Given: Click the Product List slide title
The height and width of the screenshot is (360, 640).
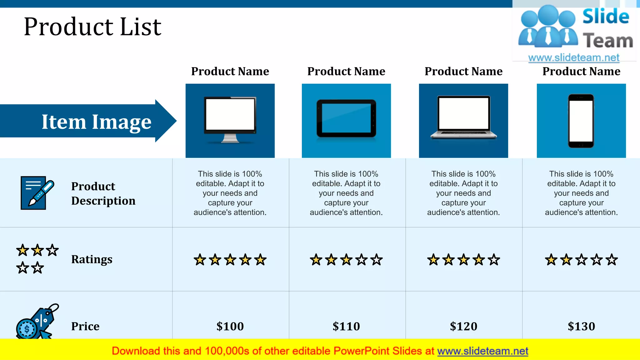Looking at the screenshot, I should [x=92, y=27].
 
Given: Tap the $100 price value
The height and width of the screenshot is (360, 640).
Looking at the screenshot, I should [x=230, y=326].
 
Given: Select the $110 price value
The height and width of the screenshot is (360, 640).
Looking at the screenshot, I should [x=346, y=326].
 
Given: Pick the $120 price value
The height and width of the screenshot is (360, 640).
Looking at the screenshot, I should [x=463, y=326].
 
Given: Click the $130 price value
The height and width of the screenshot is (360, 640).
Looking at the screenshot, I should [x=581, y=326].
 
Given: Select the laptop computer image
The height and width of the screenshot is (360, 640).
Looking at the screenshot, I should [x=463, y=117].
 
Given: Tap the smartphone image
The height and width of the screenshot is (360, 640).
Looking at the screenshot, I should [x=581, y=121].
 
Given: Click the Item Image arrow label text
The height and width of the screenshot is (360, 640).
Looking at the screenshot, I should [x=97, y=122].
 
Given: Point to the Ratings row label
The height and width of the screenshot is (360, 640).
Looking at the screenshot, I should [x=92, y=259].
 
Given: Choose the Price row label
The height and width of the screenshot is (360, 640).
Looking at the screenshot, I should [x=85, y=326].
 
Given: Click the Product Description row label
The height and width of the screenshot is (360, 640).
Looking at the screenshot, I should [x=103, y=193].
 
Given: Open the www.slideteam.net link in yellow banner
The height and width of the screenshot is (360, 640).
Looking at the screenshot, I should [x=482, y=351].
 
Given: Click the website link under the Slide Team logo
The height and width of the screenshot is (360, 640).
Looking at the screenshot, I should [x=574, y=57].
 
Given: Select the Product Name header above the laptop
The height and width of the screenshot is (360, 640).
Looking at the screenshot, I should [x=463, y=71].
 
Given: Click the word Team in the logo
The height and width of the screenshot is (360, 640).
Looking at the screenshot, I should [x=608, y=41].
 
